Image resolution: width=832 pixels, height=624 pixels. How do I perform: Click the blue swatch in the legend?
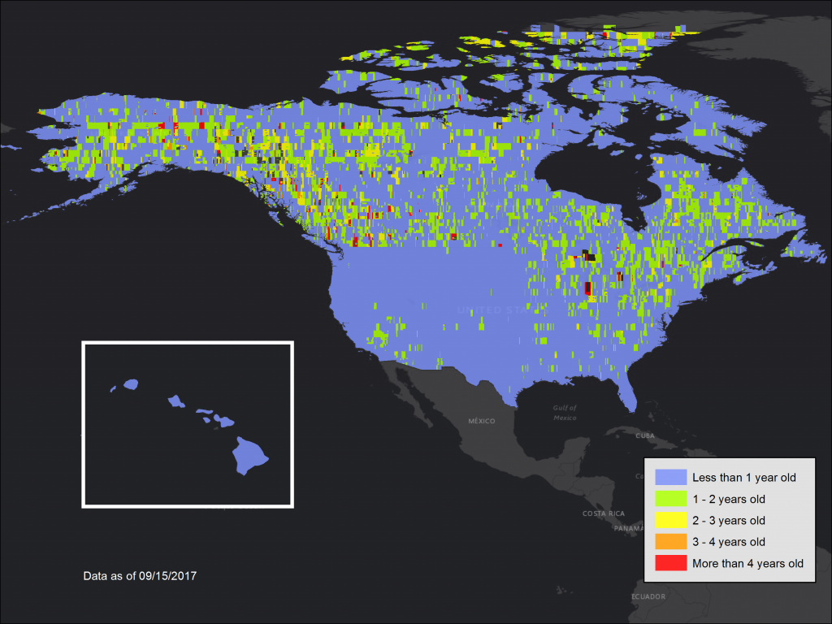click(x=670, y=477)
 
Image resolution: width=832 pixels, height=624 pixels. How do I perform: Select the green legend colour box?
click(x=670, y=498)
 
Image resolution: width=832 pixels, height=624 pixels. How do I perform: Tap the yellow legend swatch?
click(x=670, y=520)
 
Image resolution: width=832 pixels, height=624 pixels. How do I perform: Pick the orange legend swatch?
click(x=670, y=541)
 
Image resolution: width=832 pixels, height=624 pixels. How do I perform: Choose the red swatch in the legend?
click(x=670, y=563)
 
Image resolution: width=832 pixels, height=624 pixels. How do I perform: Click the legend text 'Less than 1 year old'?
click(x=743, y=477)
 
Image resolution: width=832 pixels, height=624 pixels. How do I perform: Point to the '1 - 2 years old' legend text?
click(x=729, y=499)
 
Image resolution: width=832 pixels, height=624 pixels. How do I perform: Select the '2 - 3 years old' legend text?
click(x=729, y=520)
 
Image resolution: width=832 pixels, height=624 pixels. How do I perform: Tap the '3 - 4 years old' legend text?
click(x=729, y=542)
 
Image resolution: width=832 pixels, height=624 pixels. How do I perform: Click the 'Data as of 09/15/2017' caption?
click(x=140, y=575)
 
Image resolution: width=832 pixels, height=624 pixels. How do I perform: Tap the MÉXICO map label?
click(x=482, y=421)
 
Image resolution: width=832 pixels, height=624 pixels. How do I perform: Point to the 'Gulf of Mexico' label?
click(x=565, y=413)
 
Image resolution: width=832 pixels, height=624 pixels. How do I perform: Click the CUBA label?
click(x=644, y=435)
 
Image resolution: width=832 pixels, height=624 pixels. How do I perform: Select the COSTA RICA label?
click(x=604, y=513)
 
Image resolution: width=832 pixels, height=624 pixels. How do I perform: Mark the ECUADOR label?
click(x=648, y=597)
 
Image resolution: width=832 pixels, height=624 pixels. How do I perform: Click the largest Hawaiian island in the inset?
click(x=250, y=456)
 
